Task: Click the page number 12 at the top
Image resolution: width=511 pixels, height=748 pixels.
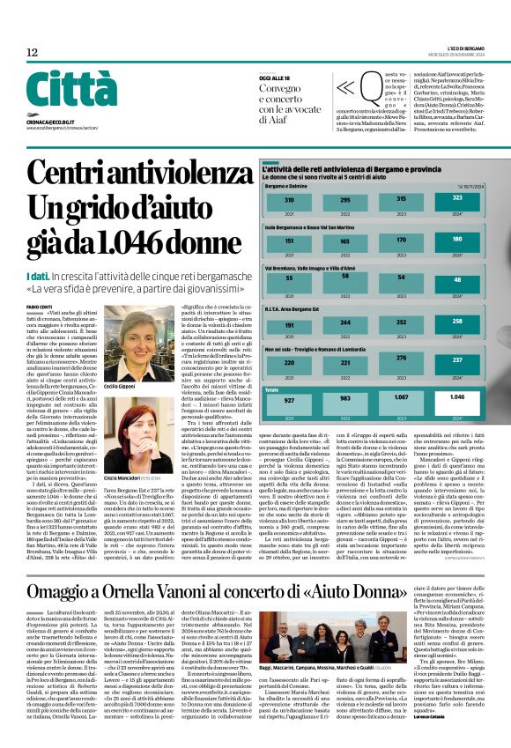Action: (x=32, y=53)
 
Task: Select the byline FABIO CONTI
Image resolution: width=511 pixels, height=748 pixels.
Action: (x=40, y=306)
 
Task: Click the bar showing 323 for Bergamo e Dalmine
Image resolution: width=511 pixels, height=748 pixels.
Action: (x=457, y=200)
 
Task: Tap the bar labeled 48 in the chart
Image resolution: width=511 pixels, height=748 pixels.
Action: (x=457, y=279)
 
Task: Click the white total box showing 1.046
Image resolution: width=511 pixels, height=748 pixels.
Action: (x=457, y=397)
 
